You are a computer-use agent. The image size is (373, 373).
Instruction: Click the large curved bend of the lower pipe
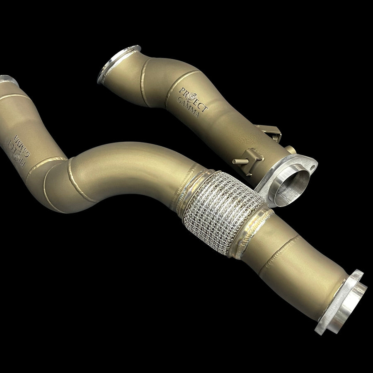pos(124,166)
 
